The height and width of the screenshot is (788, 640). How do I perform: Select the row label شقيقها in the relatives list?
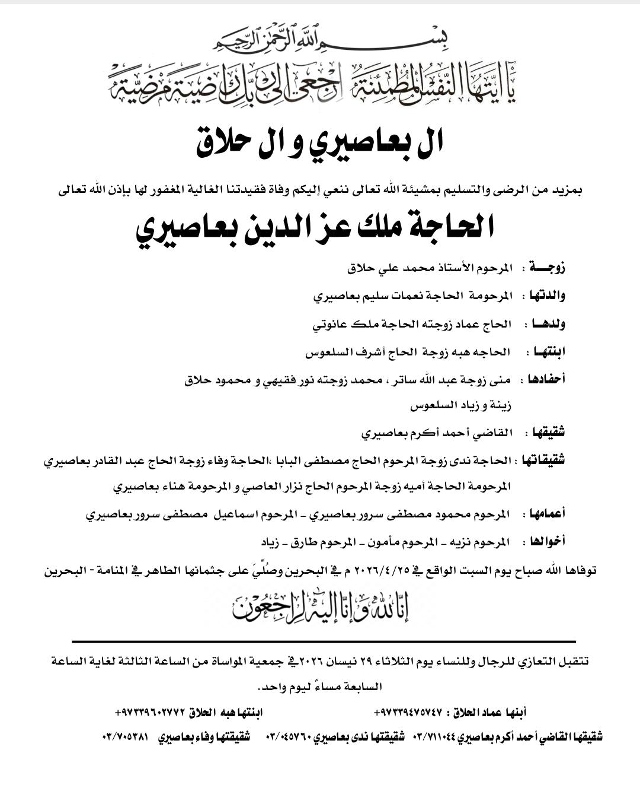[x=548, y=433]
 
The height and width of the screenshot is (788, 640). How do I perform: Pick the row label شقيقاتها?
[x=542, y=460]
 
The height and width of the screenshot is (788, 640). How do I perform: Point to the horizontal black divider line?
[x=324, y=641]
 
